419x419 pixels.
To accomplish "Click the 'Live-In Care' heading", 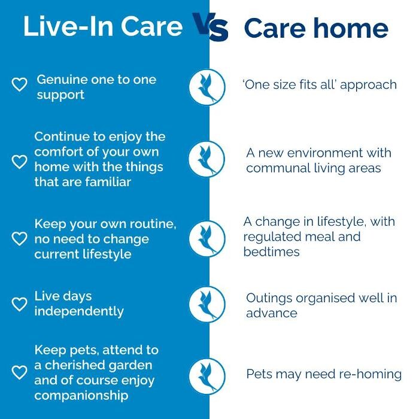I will (x=103, y=28).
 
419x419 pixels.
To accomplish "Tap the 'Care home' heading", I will (x=316, y=28).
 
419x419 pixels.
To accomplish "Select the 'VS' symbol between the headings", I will (x=210, y=28).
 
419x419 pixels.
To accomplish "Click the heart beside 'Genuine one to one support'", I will (x=20, y=86).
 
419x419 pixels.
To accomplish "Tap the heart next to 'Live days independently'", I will (x=20, y=303).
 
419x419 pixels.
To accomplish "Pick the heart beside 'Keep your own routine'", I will (x=20, y=238).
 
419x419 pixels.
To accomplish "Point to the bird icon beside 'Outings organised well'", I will (x=207, y=304).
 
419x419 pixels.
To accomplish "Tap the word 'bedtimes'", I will (x=272, y=252).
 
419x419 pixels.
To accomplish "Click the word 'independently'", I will (x=79, y=311).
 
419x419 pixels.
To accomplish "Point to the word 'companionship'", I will (x=81, y=396).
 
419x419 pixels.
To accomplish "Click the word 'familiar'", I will (x=107, y=182).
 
